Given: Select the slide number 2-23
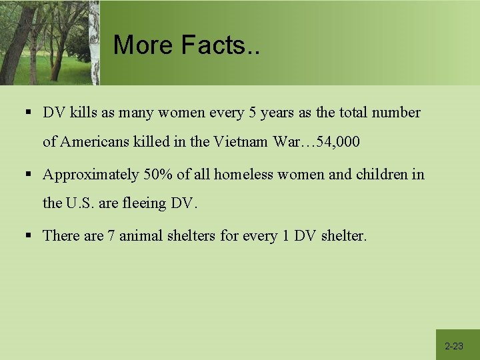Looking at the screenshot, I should tap(454, 346).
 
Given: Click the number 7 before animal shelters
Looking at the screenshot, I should tap(111, 235).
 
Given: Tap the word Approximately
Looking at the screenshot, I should tap(91, 175).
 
